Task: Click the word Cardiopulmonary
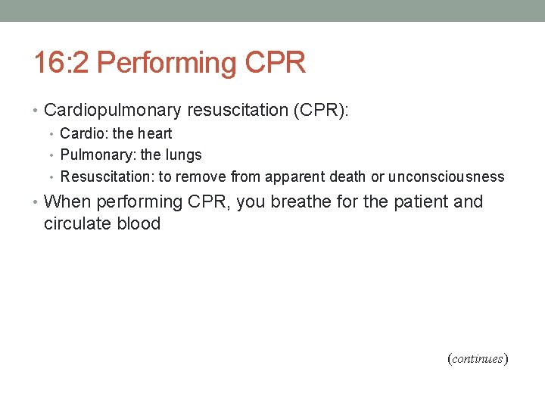(113, 111)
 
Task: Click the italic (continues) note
(478, 359)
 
